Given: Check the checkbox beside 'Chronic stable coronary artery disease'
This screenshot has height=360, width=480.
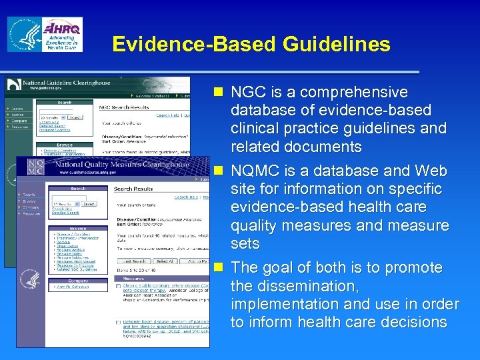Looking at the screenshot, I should click(117, 285).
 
